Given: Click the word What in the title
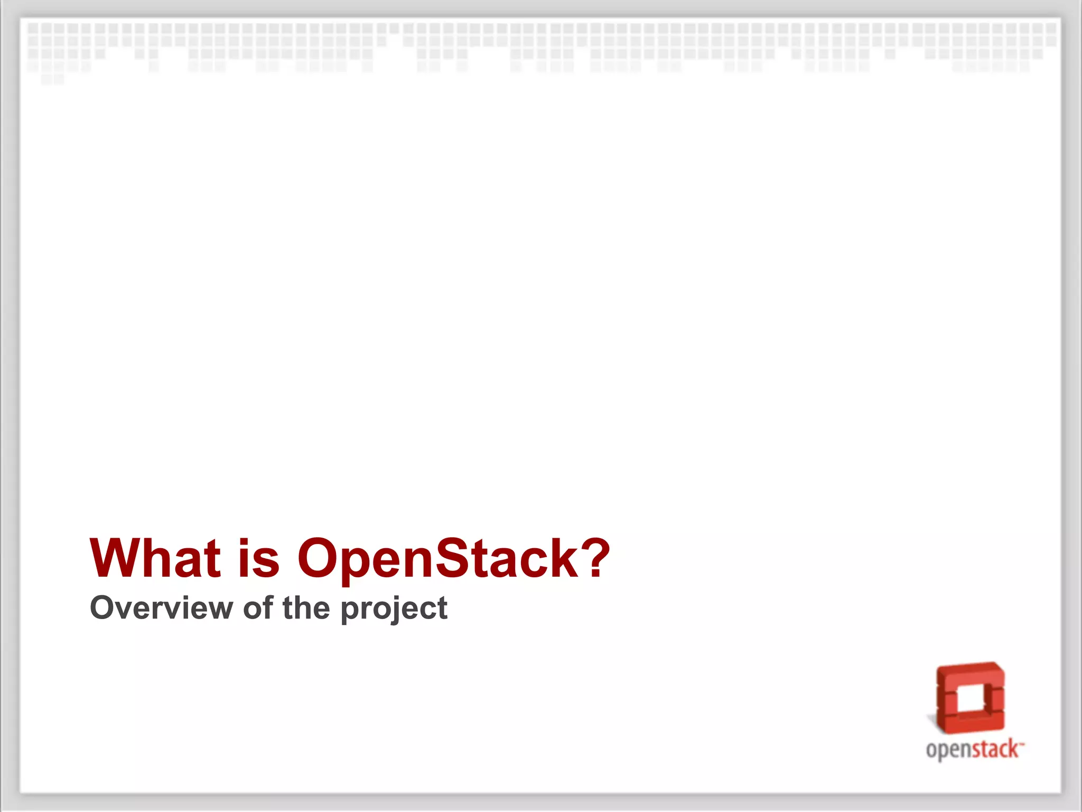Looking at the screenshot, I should click(155, 558).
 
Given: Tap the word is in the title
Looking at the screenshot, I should click(258, 558).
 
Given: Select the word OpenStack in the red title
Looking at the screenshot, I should click(440, 558).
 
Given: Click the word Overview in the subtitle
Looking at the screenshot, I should click(161, 608).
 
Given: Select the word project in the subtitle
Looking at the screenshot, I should click(394, 609).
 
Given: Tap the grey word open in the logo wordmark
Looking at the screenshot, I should click(949, 750).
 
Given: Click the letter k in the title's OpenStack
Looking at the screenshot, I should click(565, 558).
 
